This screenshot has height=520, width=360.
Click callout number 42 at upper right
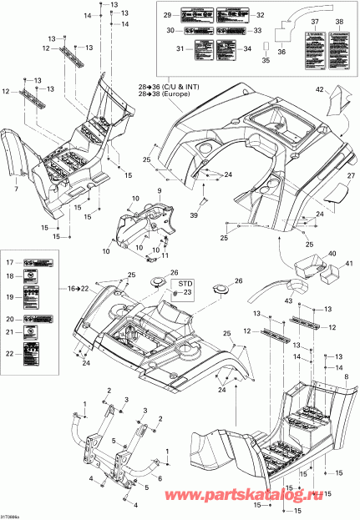tap(319, 88)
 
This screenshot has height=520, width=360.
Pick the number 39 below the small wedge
tap(194, 215)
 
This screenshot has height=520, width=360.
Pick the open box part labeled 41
tap(333, 270)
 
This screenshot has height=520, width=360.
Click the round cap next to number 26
tap(157, 283)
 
